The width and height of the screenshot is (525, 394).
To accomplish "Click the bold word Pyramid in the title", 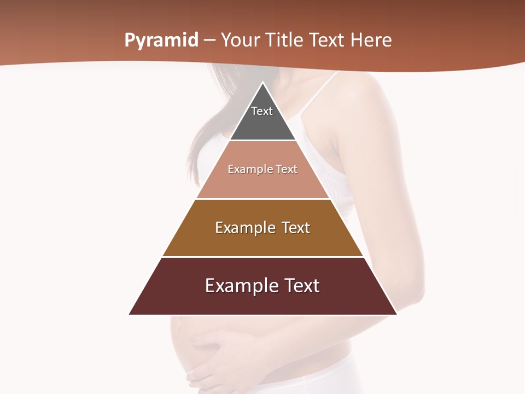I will pos(161,40).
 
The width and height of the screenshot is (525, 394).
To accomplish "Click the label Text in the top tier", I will pos(262,111).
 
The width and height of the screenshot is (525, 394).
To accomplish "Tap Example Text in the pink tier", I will pos(262,169).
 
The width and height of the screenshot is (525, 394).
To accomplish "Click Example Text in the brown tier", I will pos(262,228).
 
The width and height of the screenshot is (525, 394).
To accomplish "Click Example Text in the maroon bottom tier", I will pos(262,286).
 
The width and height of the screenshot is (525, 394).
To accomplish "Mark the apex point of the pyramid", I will pos(262,83).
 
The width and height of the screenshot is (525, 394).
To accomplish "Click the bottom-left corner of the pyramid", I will pos(130,314).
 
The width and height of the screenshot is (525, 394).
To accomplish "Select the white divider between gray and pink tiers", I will pos(262,141).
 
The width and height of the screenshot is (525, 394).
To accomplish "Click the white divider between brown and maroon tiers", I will pos(262,257).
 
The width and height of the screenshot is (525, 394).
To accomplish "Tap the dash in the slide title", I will pos(209,40).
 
